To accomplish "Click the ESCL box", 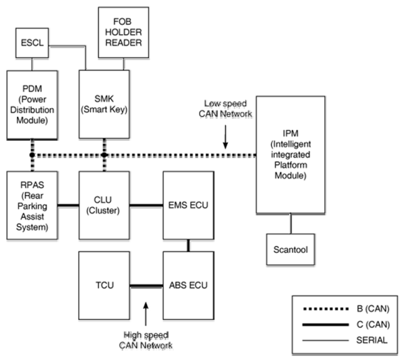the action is point(32,43).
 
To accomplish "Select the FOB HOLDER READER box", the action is point(123,32).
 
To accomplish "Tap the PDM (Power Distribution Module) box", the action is point(32,105).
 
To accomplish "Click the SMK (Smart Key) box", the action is point(104,104).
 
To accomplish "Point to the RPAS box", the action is point(32,205).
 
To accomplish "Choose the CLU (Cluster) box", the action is point(104,205).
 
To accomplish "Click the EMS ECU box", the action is point(188,205).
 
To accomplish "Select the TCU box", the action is point(104,285).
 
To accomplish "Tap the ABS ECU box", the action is point(188,285).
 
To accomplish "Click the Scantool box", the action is point(291,250).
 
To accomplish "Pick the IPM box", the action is point(291,155).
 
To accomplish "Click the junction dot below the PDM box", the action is point(32,155).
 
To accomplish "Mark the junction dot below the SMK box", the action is point(104,155).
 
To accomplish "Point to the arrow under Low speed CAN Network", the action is point(225,137).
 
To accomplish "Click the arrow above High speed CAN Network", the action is point(146,314).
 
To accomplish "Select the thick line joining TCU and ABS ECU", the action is point(146,286).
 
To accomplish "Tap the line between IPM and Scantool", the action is point(291,224).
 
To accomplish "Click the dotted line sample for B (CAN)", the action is point(325,309).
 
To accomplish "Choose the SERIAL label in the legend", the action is point(372,340).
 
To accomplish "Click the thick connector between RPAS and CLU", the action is point(68,205).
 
